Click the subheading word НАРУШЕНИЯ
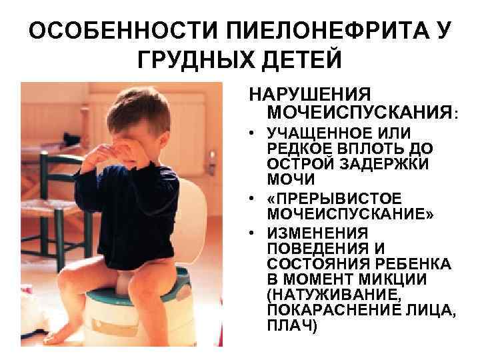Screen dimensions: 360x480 pyautogui.click(x=310, y=93)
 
